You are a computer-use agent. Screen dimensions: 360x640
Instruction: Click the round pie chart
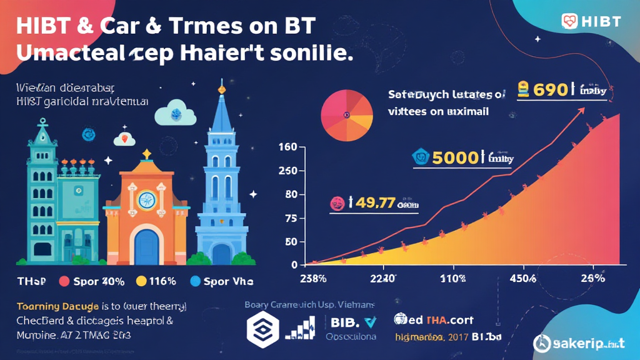347,116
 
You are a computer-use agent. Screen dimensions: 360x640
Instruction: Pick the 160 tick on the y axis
287,148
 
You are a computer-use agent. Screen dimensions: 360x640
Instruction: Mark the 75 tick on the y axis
289,218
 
